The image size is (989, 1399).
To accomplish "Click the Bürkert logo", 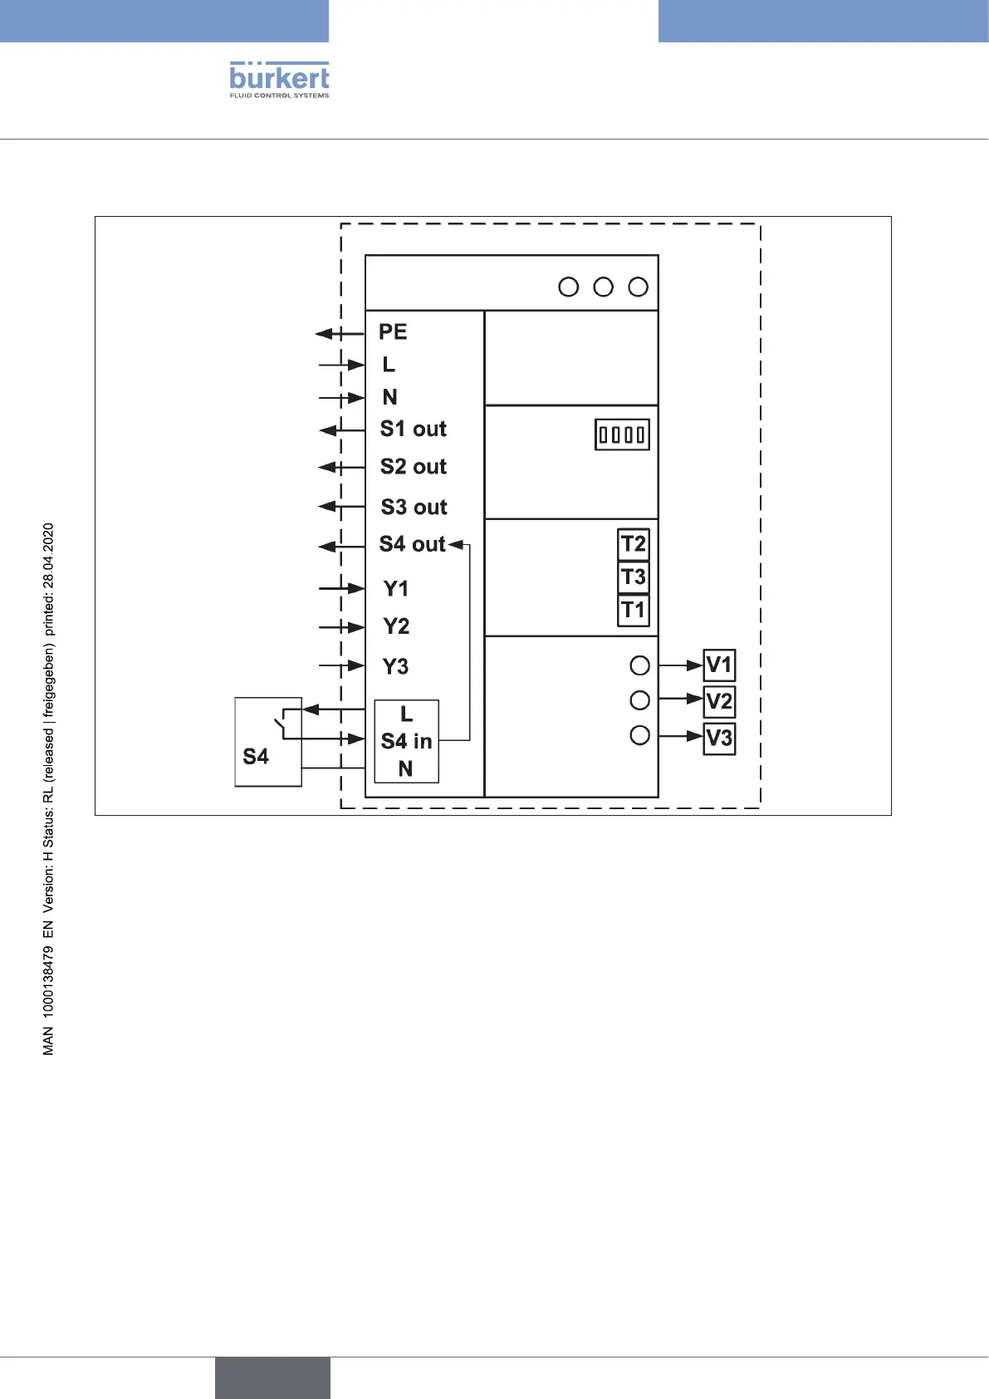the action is [x=279, y=80].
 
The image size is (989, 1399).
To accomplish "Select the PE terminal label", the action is [x=393, y=332].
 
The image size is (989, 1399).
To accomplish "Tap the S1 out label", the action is [x=413, y=430].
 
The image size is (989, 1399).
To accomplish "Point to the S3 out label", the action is [x=414, y=507].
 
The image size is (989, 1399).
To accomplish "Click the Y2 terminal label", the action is [x=396, y=626].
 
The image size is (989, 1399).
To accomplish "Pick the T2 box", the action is [x=634, y=544].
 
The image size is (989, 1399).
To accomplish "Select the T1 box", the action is [x=634, y=610].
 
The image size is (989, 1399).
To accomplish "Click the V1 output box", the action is [x=719, y=665].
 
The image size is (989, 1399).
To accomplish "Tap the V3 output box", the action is [x=719, y=738].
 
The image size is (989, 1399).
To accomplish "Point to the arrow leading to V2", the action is [x=681, y=699].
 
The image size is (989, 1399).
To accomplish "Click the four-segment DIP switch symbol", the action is [x=622, y=434].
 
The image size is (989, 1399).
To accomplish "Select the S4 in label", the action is [x=406, y=741].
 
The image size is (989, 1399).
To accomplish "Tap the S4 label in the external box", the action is [x=256, y=756].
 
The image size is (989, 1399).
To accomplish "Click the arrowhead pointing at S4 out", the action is [x=456, y=545].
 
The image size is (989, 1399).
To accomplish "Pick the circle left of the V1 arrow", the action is [x=639, y=665].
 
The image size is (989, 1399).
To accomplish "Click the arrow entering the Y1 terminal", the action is [x=342, y=589].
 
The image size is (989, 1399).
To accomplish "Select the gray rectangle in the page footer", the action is [x=272, y=1377].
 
